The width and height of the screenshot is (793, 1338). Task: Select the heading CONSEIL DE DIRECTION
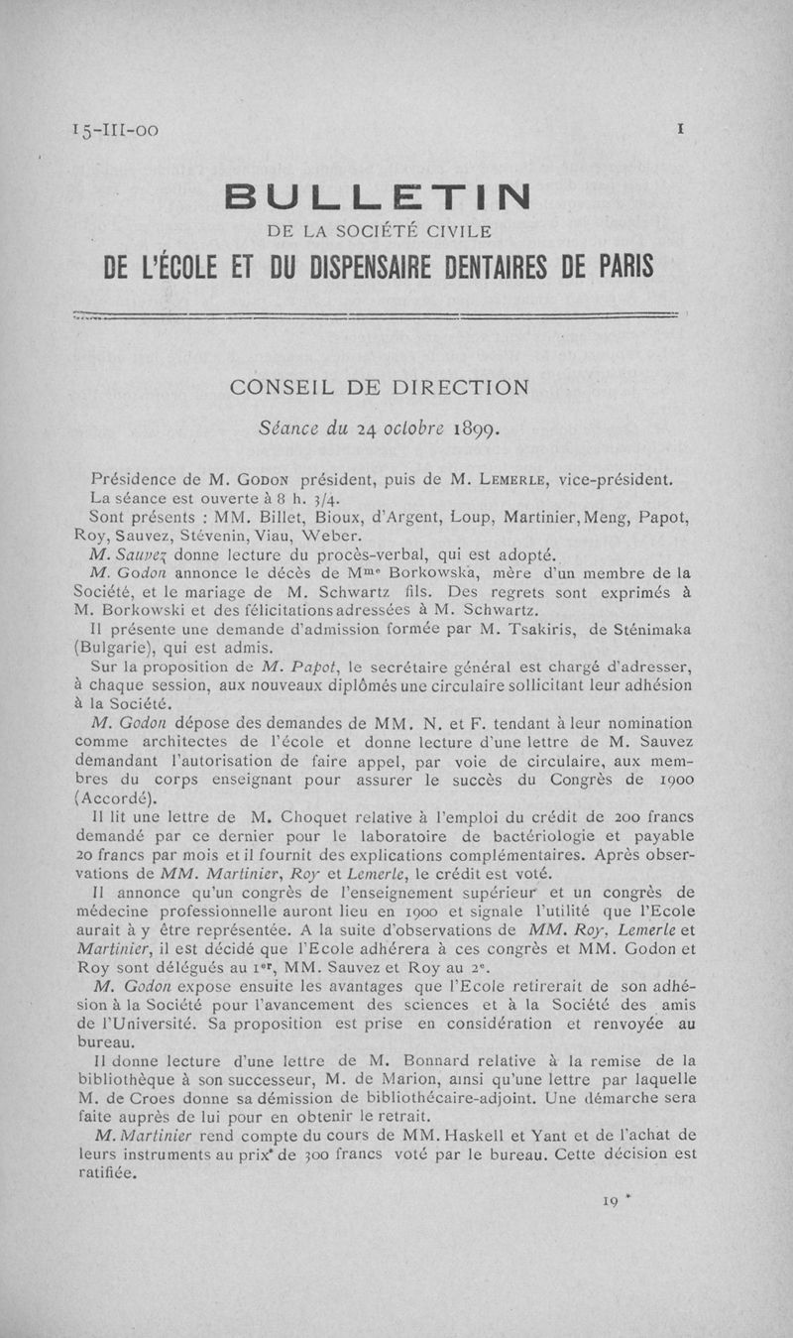click(378, 388)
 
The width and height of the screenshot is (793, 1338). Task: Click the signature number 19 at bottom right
click(611, 1202)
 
